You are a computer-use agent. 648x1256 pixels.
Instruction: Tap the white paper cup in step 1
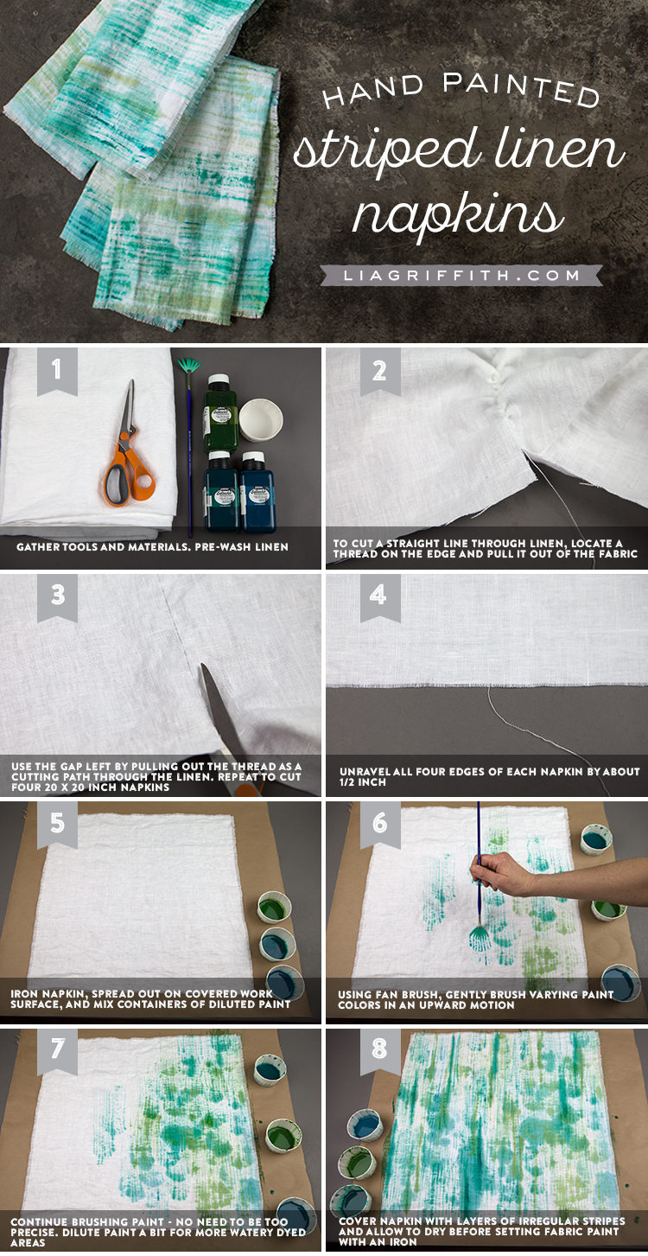pyautogui.click(x=260, y=420)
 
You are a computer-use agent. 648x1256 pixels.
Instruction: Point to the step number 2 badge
pyautogui.click(x=379, y=371)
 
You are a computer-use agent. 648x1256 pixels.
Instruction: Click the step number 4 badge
pyautogui.click(x=379, y=596)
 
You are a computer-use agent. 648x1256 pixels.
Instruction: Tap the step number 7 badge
pyautogui.click(x=57, y=1049)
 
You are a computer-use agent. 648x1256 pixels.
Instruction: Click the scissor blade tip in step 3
pyautogui.click(x=203, y=665)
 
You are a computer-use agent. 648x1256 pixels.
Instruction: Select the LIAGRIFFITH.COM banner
pyautogui.click(x=461, y=275)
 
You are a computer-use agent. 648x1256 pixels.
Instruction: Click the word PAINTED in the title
pyautogui.click(x=521, y=90)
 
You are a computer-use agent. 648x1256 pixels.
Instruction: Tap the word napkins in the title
pyautogui.click(x=458, y=215)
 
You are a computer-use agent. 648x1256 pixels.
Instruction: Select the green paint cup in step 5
pyautogui.click(x=274, y=908)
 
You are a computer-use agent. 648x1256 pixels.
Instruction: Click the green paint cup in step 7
pyautogui.click(x=283, y=1137)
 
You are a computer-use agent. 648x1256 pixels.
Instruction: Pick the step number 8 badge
pyautogui.click(x=379, y=1049)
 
